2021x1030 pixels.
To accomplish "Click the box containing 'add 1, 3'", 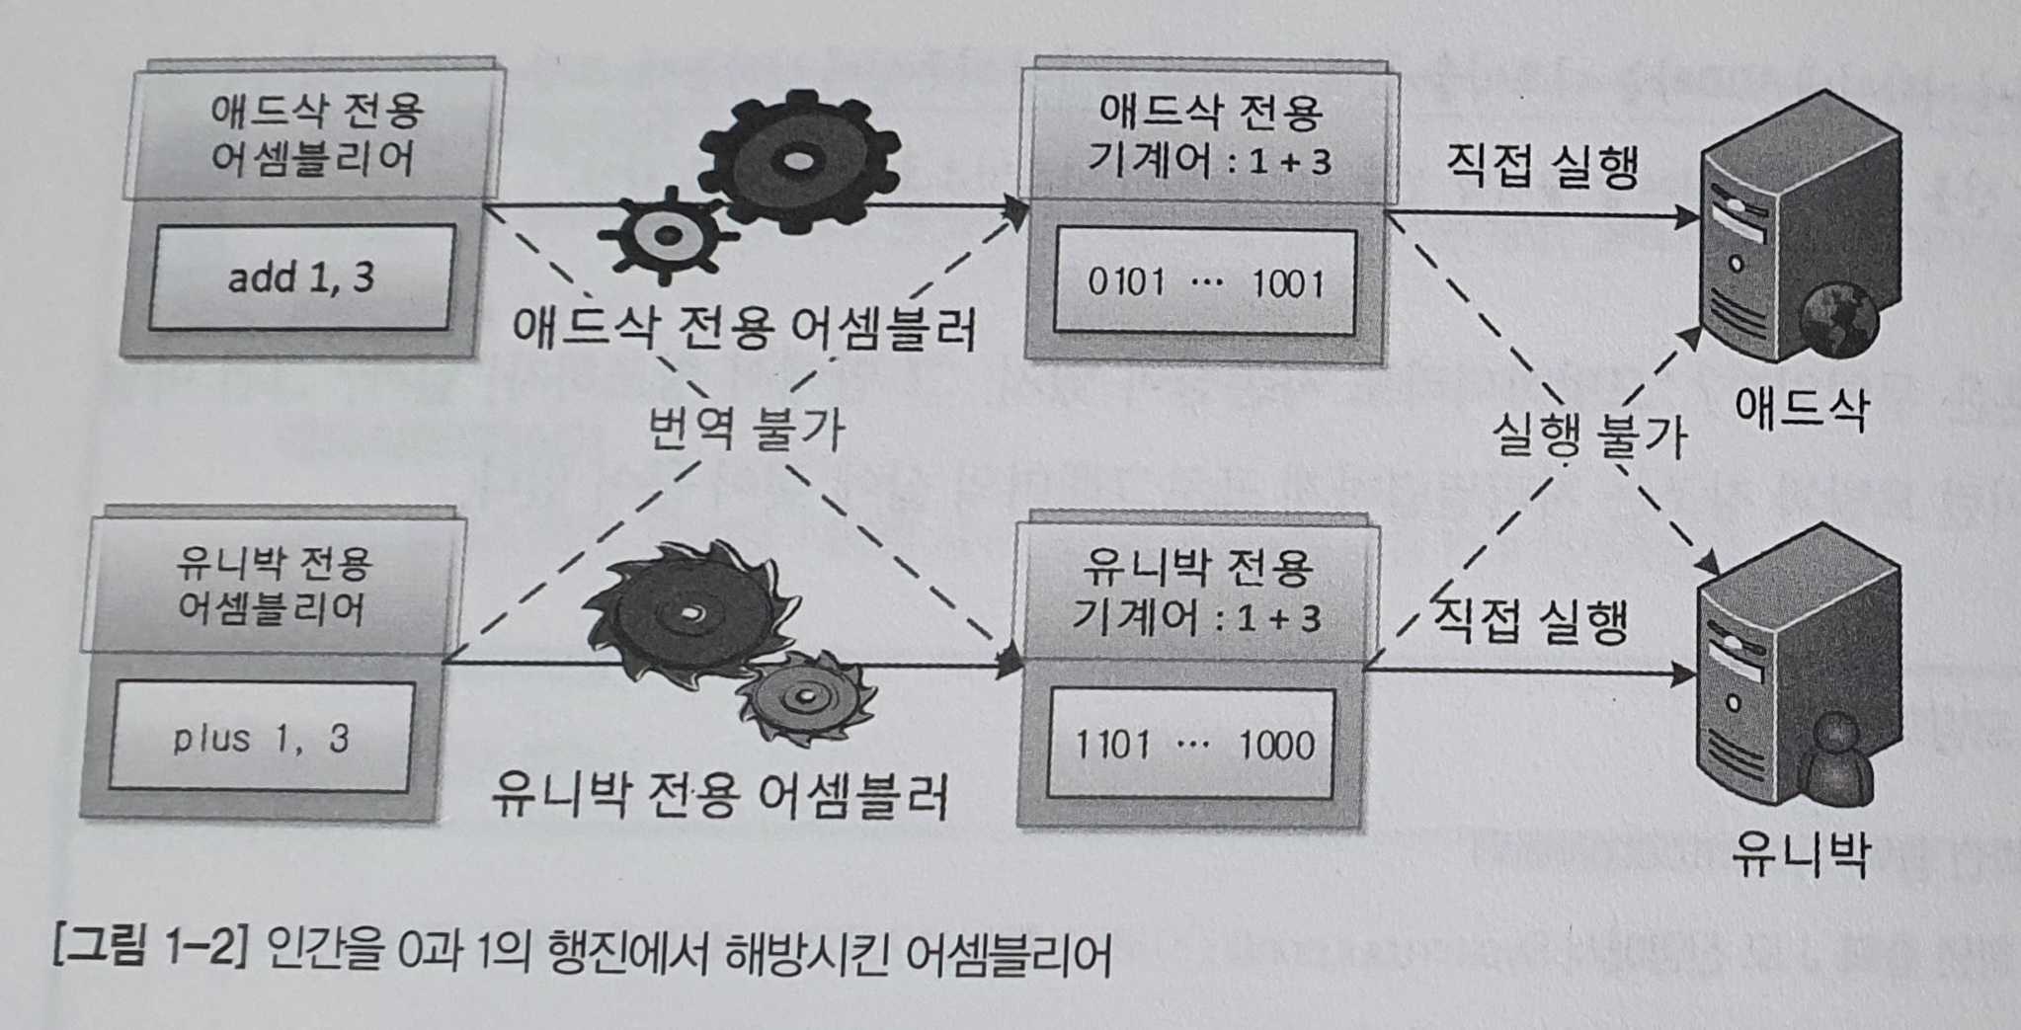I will (x=301, y=277).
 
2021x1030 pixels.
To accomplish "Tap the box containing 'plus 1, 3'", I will (x=261, y=738).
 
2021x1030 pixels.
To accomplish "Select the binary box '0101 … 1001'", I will (x=1205, y=283).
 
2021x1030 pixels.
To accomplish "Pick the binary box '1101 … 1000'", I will (x=1192, y=744).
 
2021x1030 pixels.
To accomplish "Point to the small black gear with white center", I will (x=669, y=233).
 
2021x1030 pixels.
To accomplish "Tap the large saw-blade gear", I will (x=687, y=612).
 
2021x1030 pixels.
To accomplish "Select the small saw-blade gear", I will (x=806, y=699).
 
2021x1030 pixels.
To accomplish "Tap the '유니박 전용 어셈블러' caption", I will (x=719, y=795).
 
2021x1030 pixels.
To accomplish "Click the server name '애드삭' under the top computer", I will (x=1802, y=407).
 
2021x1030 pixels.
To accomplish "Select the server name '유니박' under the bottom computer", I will (x=1800, y=855).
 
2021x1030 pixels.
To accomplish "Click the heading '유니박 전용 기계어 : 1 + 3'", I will (x=1196, y=593).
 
